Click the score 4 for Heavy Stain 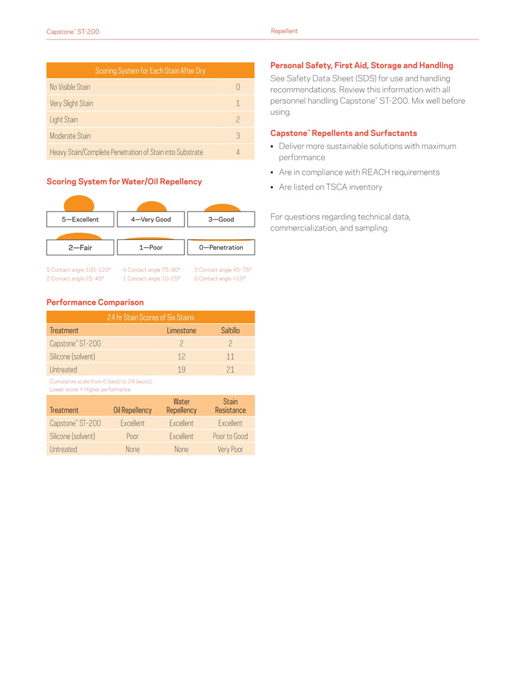point(238,152)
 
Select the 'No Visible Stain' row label point(70,87)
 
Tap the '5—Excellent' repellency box point(80,219)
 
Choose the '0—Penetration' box point(221,248)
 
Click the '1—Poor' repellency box point(151,248)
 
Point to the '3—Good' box point(221,219)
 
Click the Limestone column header point(181,330)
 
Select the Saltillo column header point(230,330)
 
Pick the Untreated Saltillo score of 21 point(230,369)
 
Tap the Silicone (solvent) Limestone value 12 point(181,356)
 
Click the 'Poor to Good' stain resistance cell point(230,436)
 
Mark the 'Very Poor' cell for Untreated point(230,449)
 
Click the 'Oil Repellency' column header point(133,410)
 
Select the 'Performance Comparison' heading point(95,302)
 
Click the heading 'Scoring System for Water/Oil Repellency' point(124,181)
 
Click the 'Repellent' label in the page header point(284,31)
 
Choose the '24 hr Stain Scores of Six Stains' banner point(151,317)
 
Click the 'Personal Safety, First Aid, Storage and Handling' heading point(362,66)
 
